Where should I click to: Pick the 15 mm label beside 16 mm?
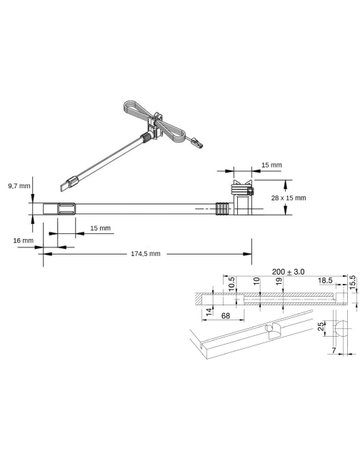98,228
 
